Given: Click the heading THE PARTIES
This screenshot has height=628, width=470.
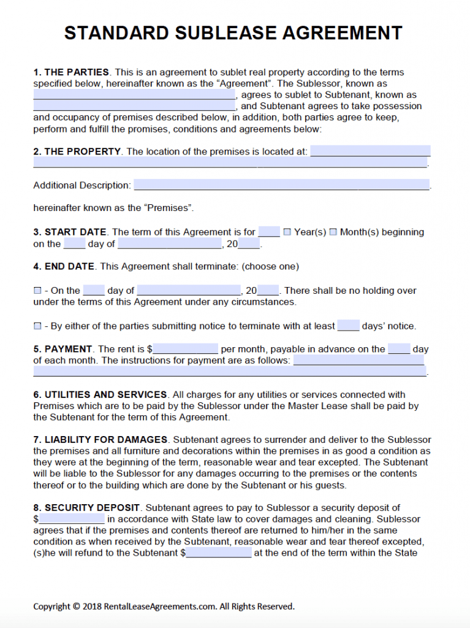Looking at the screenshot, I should pyautogui.click(x=77, y=72).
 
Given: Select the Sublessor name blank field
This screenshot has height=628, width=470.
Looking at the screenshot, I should pyautogui.click(x=134, y=95).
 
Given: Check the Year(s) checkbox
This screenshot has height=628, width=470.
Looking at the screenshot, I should pyautogui.click(x=287, y=232).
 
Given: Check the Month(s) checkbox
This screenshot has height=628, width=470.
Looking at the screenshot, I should pyautogui.click(x=333, y=232).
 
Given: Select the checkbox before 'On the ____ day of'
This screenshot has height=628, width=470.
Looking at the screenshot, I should pyautogui.click(x=37, y=291).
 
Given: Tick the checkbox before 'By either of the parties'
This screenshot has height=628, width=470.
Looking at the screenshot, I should pyautogui.click(x=37, y=326).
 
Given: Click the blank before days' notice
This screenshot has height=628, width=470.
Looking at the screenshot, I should pyautogui.click(x=348, y=326).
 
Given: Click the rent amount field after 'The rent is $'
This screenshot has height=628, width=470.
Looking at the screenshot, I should pyautogui.click(x=186, y=349).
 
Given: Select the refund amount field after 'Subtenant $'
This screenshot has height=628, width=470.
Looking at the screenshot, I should pyautogui.click(x=218, y=553).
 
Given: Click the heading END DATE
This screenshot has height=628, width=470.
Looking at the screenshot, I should pyautogui.click(x=69, y=267).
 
